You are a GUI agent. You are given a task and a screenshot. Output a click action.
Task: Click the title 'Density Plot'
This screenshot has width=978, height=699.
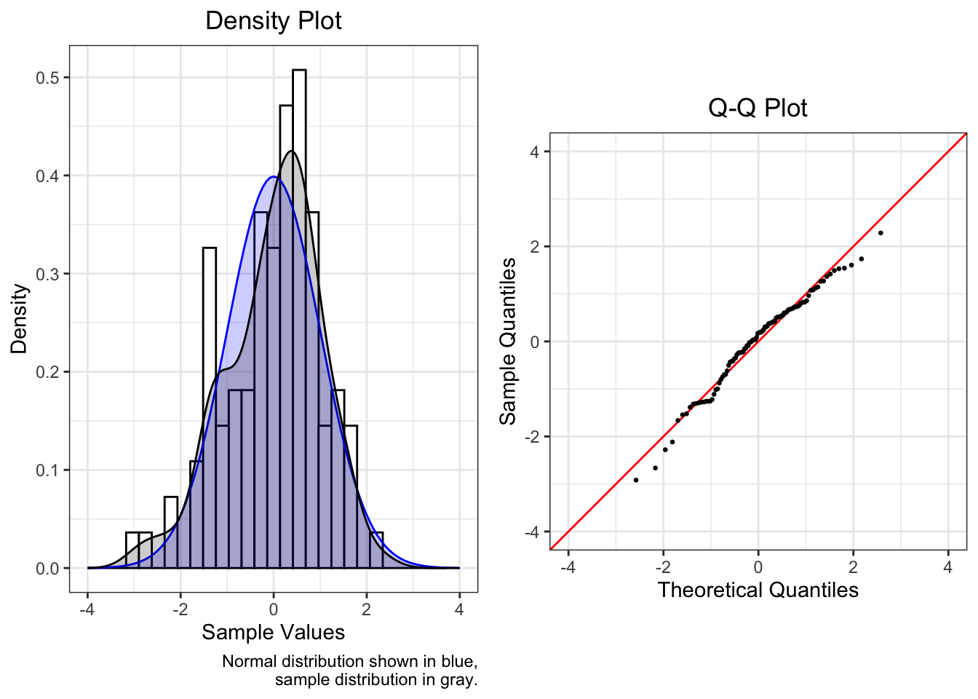[273, 20]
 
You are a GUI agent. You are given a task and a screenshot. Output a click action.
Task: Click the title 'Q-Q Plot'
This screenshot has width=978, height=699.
[758, 108]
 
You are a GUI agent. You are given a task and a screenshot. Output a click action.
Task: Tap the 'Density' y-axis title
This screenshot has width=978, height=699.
[19, 318]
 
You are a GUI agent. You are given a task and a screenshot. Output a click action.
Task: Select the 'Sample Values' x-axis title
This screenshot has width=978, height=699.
[273, 632]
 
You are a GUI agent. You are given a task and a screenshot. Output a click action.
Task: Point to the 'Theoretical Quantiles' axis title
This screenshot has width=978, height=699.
[758, 590]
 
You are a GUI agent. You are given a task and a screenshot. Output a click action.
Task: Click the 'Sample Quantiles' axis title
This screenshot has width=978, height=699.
[508, 341]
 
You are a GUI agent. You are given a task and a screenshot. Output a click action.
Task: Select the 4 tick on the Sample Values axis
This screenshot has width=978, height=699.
[459, 609]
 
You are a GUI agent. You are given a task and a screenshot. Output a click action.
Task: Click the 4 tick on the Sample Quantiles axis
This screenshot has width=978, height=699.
[535, 151]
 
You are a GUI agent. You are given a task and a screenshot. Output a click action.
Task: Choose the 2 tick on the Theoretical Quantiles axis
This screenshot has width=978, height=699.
[853, 567]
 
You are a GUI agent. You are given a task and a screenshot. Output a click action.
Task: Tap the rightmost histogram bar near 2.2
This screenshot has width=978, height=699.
[376, 550]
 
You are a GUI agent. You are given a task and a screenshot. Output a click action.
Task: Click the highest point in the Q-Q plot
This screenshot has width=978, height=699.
[880, 233]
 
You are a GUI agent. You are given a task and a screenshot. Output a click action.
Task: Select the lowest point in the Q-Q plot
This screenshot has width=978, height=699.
[636, 480]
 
